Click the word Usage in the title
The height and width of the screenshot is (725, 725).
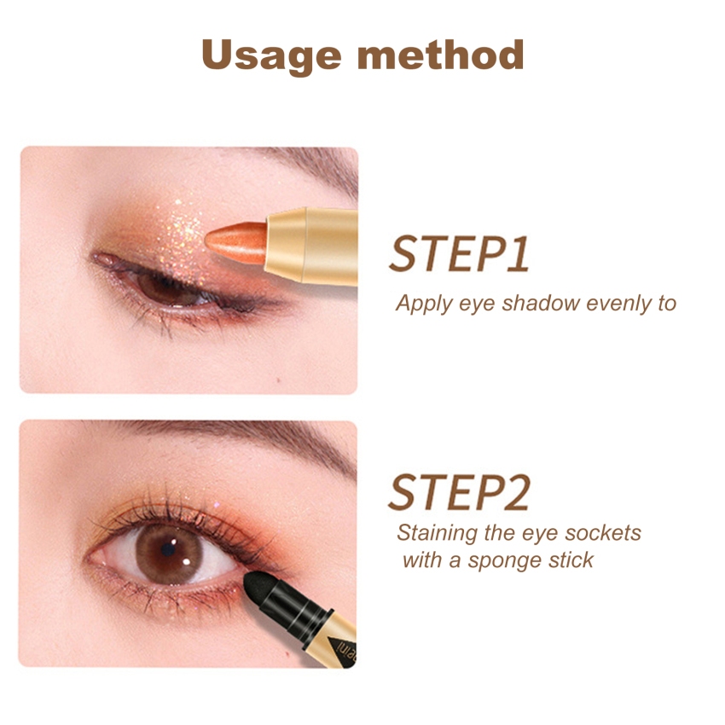(271, 56)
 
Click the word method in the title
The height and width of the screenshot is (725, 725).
(441, 54)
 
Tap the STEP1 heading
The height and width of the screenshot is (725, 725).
(460, 254)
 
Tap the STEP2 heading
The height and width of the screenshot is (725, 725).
(459, 492)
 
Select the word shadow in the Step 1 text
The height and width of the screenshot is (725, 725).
(541, 304)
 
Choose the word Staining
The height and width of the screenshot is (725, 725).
(437, 534)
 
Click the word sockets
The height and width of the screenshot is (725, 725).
(603, 533)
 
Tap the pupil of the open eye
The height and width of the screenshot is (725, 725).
(168, 549)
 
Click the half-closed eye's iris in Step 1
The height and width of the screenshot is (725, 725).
(162, 288)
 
